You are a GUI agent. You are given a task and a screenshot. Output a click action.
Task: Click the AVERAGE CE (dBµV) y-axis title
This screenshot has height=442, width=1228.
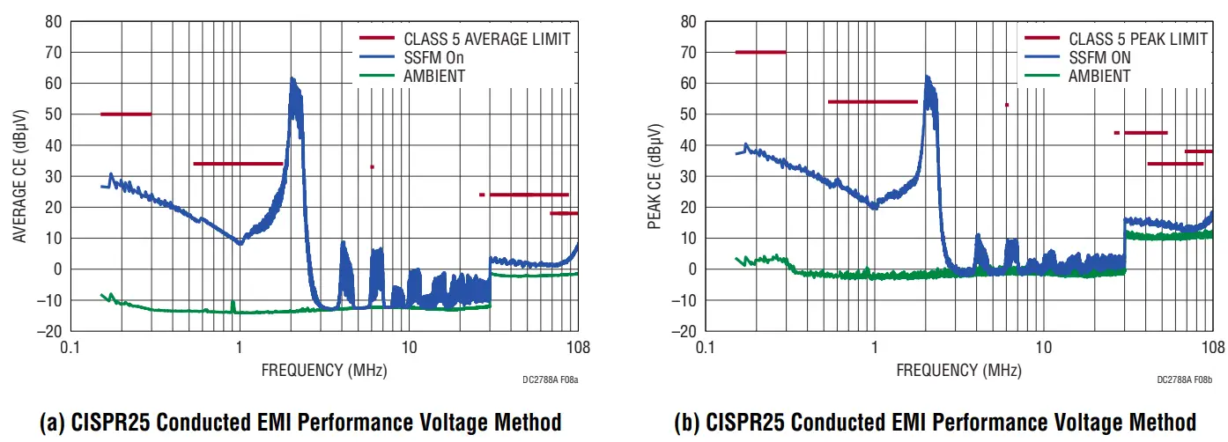(x=19, y=176)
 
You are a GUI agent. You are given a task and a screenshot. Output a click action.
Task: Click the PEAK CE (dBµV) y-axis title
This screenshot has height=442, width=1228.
(x=655, y=176)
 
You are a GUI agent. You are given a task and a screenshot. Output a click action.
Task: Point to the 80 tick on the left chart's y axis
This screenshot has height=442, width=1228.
(x=53, y=21)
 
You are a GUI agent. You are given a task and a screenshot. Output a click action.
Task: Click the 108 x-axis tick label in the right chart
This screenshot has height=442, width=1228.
(x=1212, y=346)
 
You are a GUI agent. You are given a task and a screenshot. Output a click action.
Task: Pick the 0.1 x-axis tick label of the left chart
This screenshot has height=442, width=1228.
(x=70, y=346)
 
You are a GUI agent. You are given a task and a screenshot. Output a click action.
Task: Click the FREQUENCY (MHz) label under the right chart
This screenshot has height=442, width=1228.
(x=958, y=370)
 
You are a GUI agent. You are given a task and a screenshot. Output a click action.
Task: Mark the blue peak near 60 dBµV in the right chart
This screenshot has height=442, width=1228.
(x=927, y=79)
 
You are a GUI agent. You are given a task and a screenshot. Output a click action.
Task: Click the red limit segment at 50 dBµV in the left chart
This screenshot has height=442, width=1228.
(x=126, y=114)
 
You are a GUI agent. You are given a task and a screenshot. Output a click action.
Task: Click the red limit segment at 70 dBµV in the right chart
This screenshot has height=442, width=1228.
(x=760, y=52)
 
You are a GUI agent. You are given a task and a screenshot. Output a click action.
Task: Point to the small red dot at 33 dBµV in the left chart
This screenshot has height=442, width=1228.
(x=372, y=166)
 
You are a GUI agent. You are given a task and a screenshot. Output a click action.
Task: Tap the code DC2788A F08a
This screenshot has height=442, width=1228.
(x=550, y=380)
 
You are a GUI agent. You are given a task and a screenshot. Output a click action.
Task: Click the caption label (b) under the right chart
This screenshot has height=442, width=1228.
(x=687, y=422)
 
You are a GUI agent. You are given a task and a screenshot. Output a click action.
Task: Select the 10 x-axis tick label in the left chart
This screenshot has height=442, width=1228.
(x=408, y=346)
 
